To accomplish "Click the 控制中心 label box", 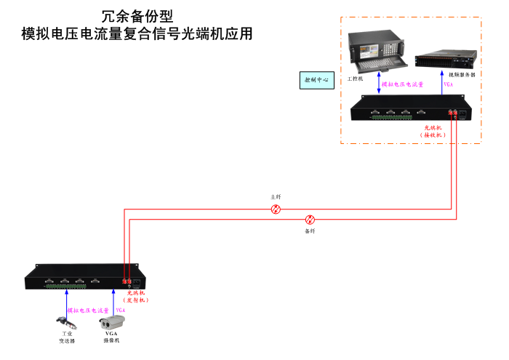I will (317, 79).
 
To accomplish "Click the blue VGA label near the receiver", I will (449, 84).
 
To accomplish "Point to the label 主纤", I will (276, 197).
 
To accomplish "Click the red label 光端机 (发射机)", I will (136, 296).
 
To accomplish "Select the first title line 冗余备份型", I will (137, 16).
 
